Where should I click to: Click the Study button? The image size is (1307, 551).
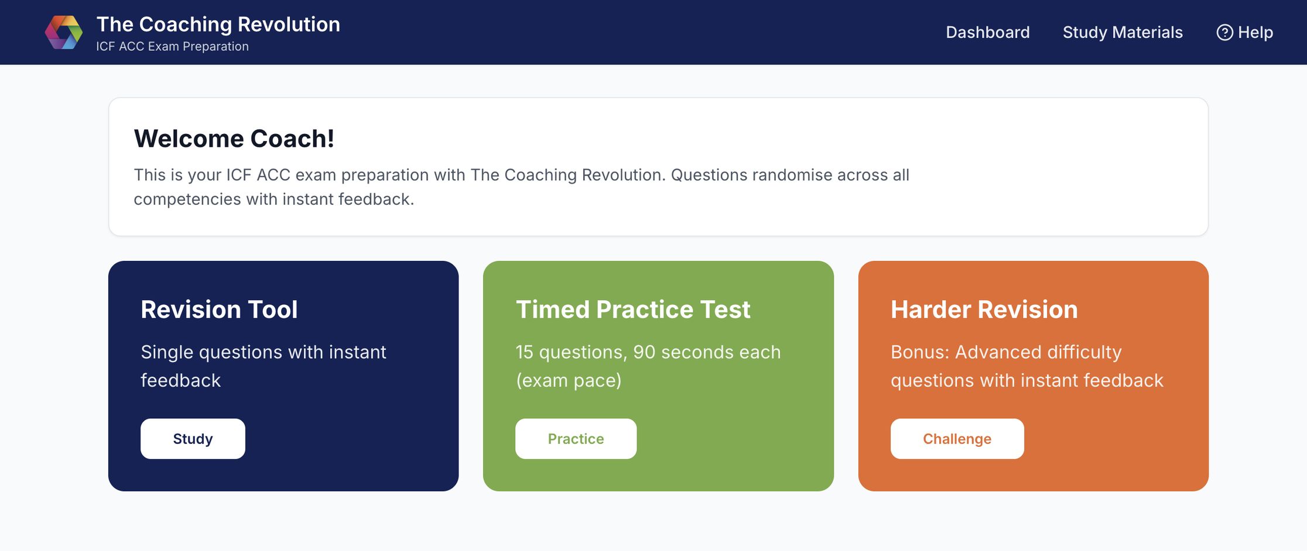click(193, 439)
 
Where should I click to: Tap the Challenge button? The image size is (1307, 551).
click(957, 439)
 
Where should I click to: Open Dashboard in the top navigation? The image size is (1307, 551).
click(987, 32)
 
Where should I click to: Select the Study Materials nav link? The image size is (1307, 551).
click(1123, 32)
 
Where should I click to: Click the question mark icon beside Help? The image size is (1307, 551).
click(1224, 32)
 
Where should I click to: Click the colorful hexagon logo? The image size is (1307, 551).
click(64, 32)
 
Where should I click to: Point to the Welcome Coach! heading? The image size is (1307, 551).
click(234, 139)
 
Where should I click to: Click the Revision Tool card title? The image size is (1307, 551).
click(219, 309)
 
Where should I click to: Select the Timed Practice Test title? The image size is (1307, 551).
click(633, 309)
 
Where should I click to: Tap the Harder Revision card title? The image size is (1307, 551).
click(984, 309)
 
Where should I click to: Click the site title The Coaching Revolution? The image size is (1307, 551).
click(218, 25)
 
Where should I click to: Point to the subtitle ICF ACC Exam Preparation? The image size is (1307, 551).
click(172, 46)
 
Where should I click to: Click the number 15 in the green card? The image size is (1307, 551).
click(524, 352)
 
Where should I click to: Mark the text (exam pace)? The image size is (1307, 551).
click(569, 381)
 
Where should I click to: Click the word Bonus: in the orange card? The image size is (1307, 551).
click(920, 352)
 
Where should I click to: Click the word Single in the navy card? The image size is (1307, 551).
click(167, 353)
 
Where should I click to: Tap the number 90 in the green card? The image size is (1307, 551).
click(644, 352)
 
